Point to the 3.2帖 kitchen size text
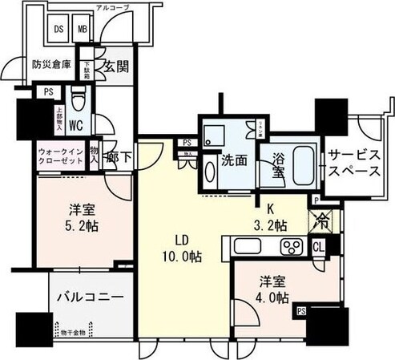(x=270, y=225)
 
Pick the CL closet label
(x=317, y=246)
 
